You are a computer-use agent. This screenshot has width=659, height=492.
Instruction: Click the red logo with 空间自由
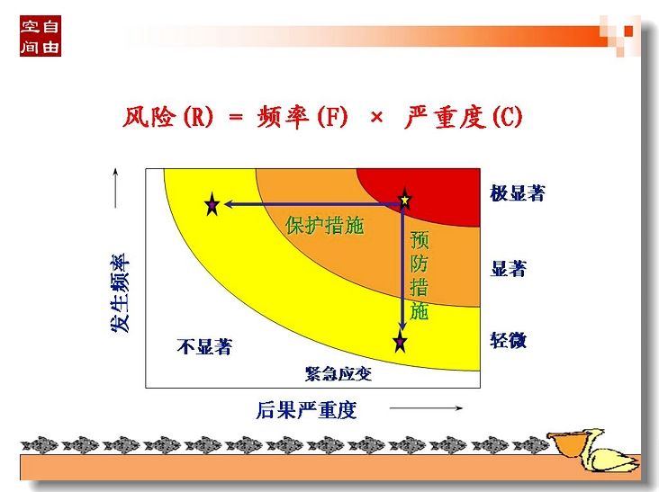pyautogui.click(x=41, y=36)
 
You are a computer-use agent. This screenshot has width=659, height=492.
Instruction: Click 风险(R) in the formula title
pyautogui.click(x=168, y=116)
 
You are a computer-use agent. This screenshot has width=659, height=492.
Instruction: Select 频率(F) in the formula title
pyautogui.click(x=302, y=116)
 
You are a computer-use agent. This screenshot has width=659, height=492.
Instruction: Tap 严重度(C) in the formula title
pyautogui.click(x=463, y=116)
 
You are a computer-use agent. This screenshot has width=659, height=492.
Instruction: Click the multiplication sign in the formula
pyautogui.click(x=376, y=117)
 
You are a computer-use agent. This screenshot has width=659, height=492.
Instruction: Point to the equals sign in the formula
pyautogui.click(x=236, y=117)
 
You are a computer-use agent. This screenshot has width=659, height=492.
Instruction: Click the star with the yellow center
pyautogui.click(x=405, y=200)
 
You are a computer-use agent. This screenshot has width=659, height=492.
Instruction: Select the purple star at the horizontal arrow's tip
pyautogui.click(x=212, y=204)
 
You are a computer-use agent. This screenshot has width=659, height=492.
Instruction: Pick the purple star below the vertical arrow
pyautogui.click(x=400, y=341)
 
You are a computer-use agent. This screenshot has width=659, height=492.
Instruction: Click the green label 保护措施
pyautogui.click(x=324, y=226)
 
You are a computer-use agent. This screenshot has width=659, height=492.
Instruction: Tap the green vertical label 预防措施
pyautogui.click(x=419, y=275)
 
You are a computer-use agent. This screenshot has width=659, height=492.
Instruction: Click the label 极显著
pyautogui.click(x=518, y=193)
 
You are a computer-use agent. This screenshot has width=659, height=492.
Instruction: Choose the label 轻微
pyautogui.click(x=509, y=340)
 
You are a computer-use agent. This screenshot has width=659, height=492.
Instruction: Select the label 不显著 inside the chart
pyautogui.click(x=204, y=347)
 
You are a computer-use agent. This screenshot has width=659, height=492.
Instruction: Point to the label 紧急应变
pyautogui.click(x=339, y=373)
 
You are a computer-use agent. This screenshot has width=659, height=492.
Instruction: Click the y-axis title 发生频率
pyautogui.click(x=121, y=292)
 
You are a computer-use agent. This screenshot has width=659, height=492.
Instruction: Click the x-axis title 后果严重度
pyautogui.click(x=306, y=410)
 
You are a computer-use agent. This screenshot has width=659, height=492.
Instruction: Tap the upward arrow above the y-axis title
pyautogui.click(x=115, y=188)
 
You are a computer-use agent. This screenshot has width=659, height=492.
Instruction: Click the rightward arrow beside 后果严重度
pyautogui.click(x=426, y=408)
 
